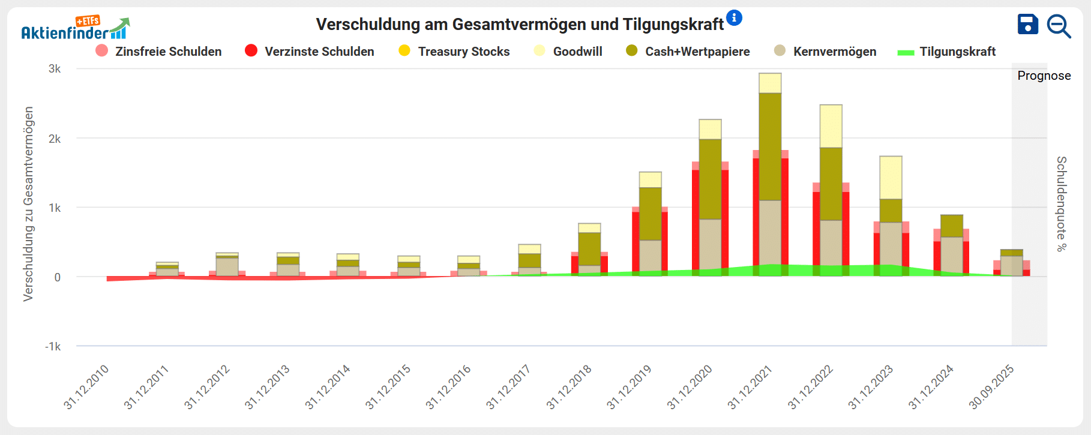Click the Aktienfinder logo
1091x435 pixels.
pyautogui.click(x=75, y=28)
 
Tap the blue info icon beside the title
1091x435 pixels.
pyautogui.click(x=734, y=18)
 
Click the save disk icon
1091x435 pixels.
pyautogui.click(x=1027, y=25)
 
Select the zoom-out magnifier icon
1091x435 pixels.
pyautogui.click(x=1059, y=26)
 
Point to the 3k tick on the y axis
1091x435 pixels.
pyautogui.click(x=55, y=69)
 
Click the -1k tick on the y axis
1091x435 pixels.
pyautogui.click(x=53, y=346)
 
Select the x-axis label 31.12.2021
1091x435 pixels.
pyautogui.click(x=750, y=387)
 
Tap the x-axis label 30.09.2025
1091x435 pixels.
pyautogui.click(x=992, y=387)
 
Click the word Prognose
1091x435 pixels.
pyautogui.click(x=1044, y=76)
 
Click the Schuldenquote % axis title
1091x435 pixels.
pyautogui.click(x=1061, y=204)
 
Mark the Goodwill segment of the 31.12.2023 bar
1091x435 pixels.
pyautogui.click(x=891, y=178)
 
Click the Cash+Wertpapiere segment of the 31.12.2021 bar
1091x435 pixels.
pyautogui.click(x=770, y=146)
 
